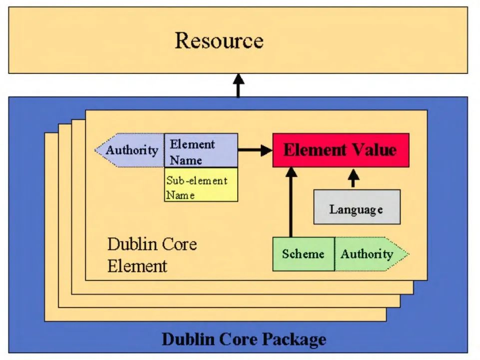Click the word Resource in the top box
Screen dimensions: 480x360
(x=219, y=40)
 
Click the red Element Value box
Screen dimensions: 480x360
(x=341, y=150)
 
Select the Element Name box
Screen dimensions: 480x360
(x=201, y=150)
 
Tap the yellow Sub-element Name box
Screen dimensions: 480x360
(x=201, y=184)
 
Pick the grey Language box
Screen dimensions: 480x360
(x=357, y=207)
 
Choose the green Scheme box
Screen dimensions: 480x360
(x=303, y=254)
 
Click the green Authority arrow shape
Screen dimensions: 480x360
(x=371, y=254)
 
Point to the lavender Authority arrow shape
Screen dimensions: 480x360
(x=130, y=150)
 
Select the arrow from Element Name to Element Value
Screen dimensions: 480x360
(x=255, y=150)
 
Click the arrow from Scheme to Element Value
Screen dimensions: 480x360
(x=291, y=202)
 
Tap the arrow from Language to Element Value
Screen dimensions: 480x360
(x=354, y=178)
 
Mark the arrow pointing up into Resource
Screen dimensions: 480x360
(x=238, y=85)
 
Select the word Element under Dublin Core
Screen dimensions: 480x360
(x=137, y=265)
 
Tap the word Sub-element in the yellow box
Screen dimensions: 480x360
(x=197, y=180)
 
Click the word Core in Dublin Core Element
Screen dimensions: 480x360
(x=179, y=244)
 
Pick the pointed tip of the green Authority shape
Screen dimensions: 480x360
(x=409, y=254)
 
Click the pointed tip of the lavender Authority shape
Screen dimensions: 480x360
(x=94, y=150)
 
